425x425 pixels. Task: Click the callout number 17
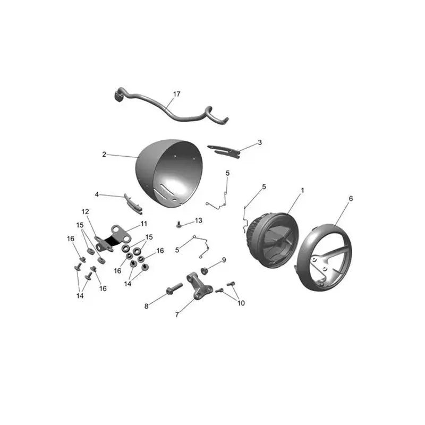tap(176, 94)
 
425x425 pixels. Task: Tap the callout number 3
tap(260, 142)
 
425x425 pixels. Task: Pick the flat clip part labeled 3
tap(224, 151)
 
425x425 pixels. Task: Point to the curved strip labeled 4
tap(133, 203)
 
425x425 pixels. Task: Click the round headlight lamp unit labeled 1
tap(273, 241)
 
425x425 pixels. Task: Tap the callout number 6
tap(351, 199)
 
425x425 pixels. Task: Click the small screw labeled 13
tap(178, 224)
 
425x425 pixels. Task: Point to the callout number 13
tap(198, 220)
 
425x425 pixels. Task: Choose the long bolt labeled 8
tap(174, 288)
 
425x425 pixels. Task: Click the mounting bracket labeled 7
tap(198, 286)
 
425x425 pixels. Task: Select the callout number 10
tap(241, 303)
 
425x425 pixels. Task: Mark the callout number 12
tap(85, 211)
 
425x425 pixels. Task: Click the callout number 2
tap(104, 155)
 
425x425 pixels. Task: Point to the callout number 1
tap(302, 191)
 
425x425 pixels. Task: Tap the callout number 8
tap(147, 307)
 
